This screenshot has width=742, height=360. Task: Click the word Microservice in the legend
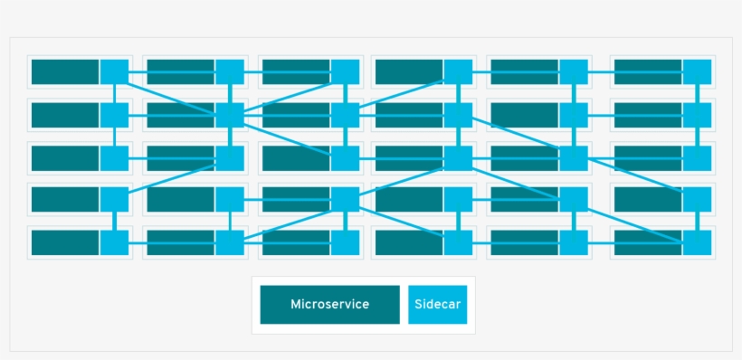[x=329, y=305]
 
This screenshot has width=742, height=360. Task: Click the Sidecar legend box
[x=437, y=305]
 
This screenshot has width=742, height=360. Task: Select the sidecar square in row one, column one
[x=114, y=72]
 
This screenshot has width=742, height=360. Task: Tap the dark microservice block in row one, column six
[x=647, y=72]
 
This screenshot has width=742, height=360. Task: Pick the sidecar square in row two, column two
[x=230, y=115]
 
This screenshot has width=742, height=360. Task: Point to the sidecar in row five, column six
[x=697, y=242]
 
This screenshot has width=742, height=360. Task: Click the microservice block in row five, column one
[x=64, y=242]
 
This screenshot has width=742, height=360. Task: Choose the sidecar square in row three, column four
[x=458, y=158]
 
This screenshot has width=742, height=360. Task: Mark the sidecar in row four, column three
[x=345, y=199]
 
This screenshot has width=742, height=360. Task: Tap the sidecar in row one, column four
[x=458, y=72]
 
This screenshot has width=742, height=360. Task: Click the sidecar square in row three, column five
[x=573, y=158]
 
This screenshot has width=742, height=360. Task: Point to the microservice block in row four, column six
[x=647, y=199]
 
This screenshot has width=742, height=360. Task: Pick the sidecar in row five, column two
[x=230, y=242]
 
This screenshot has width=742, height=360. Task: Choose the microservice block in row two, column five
[x=524, y=115]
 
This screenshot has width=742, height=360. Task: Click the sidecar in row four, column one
[x=114, y=199]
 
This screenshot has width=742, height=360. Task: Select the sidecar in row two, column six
[x=697, y=115]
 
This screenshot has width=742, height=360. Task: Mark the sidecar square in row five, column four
[x=458, y=242]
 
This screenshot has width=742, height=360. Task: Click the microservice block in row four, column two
[x=180, y=199]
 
